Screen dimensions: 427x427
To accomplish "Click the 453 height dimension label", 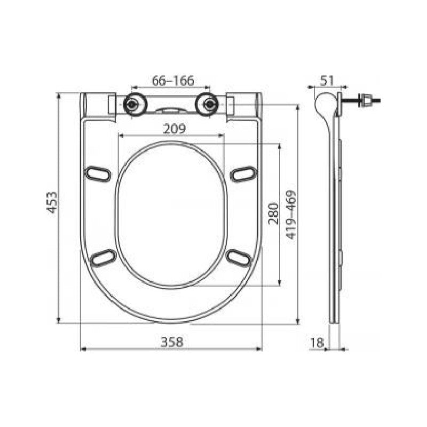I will [52, 202].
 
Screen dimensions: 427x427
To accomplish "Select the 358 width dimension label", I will [171, 342].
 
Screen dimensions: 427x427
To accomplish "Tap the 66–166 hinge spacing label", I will [173, 81].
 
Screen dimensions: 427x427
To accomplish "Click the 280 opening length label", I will [273, 213].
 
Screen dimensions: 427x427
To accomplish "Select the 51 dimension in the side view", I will [327, 80].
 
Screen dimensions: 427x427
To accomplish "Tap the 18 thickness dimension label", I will [317, 342].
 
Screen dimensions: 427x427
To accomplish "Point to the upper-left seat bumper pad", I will [98, 173].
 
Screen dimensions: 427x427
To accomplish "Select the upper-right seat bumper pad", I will [243, 173].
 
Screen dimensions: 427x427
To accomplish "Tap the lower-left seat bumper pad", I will [103, 257].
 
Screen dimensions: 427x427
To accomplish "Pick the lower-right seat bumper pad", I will [238, 257].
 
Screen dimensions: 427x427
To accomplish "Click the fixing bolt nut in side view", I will [366, 99].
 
